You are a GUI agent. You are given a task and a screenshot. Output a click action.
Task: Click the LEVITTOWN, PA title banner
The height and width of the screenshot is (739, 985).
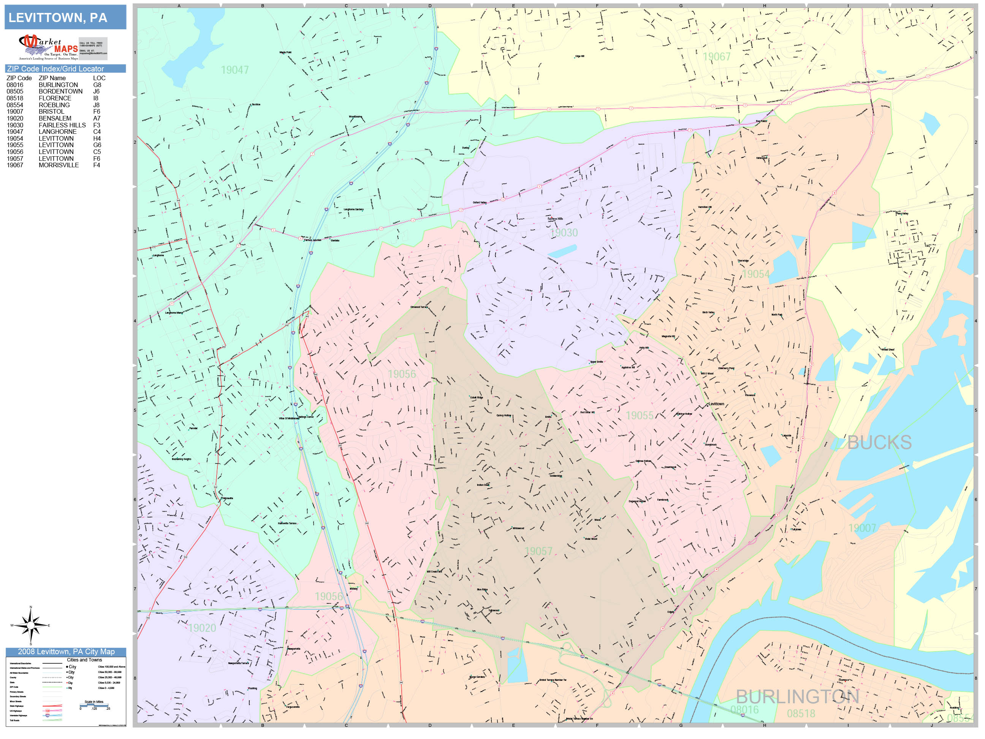pyautogui.click(x=65, y=17)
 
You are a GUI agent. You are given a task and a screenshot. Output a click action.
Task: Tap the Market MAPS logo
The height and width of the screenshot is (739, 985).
pyautogui.click(x=49, y=47)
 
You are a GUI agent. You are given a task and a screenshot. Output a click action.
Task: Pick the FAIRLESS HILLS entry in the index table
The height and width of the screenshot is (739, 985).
pyautogui.click(x=62, y=125)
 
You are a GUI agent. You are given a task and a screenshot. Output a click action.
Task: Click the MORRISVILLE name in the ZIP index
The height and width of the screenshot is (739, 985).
pyautogui.click(x=59, y=165)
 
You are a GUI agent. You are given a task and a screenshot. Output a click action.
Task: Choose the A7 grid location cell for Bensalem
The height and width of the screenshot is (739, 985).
pyautogui.click(x=97, y=119)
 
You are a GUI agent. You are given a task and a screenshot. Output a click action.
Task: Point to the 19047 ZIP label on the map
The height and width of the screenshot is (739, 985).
pyautogui.click(x=235, y=70)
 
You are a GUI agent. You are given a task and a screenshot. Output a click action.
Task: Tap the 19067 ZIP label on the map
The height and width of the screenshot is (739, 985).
pyautogui.click(x=716, y=57)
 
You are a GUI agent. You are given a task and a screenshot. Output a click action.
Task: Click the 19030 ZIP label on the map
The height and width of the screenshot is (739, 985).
pyautogui.click(x=563, y=233)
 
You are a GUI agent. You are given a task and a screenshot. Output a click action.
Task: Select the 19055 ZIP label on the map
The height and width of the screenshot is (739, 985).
pyautogui.click(x=640, y=415)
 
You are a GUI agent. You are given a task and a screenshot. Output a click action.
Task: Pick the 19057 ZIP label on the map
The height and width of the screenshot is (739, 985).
pyautogui.click(x=538, y=552)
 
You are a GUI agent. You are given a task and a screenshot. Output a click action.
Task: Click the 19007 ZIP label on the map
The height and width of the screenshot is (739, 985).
pyautogui.click(x=862, y=528)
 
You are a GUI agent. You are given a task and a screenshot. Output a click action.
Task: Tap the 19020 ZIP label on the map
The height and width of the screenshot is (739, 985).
pyautogui.click(x=202, y=628)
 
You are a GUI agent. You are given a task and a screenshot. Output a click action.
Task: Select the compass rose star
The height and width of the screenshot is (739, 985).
pyautogui.click(x=31, y=625)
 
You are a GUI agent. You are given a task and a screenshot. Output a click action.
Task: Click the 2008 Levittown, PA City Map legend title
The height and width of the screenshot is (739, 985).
pyautogui.click(x=66, y=652)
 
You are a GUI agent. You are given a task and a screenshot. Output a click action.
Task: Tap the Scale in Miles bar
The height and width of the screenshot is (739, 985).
pyautogui.click(x=94, y=705)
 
